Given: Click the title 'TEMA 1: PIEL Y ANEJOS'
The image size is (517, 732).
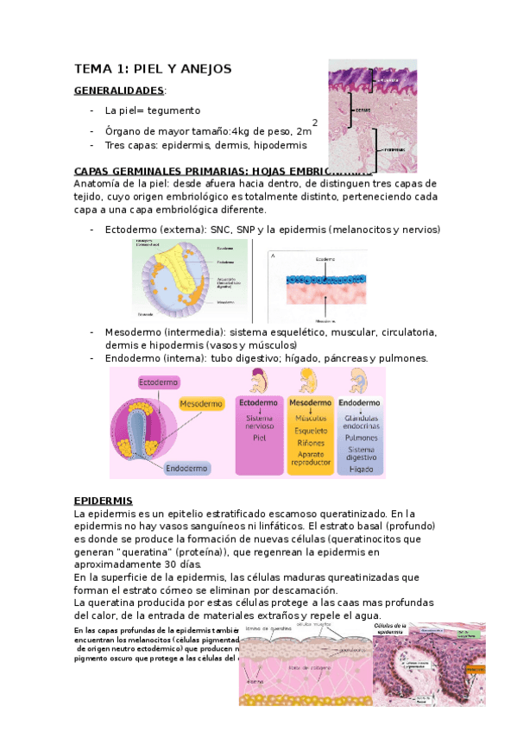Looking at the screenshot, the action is click(153, 69).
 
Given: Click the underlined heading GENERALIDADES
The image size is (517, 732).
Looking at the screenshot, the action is click(118, 90).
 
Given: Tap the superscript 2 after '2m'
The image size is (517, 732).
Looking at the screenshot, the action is click(315, 123).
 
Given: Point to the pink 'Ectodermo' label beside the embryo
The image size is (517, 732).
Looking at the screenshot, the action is click(159, 382).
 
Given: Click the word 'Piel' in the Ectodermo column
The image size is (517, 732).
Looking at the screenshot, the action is click(259, 437).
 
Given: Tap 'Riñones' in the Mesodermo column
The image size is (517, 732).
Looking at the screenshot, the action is click(311, 442).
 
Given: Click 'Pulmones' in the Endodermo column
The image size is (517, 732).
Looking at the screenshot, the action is click(361, 437).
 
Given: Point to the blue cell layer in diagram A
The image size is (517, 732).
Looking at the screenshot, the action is click(323, 281).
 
